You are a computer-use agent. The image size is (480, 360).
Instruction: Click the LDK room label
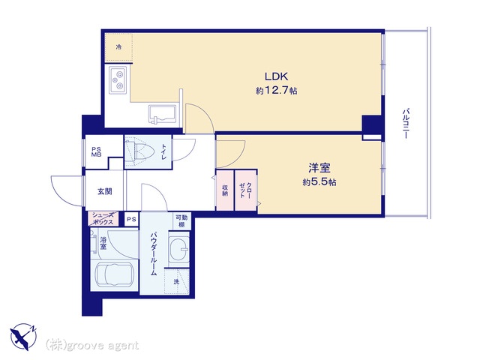[277, 76]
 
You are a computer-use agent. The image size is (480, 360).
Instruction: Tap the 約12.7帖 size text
[277, 91]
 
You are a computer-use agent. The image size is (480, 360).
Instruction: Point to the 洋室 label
[319, 168]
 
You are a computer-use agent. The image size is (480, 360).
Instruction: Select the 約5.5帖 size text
[319, 182]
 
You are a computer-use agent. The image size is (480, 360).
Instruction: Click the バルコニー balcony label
[406, 123]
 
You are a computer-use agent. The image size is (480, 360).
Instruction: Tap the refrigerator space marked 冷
[118, 47]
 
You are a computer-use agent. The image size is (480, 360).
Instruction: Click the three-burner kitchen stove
[118, 80]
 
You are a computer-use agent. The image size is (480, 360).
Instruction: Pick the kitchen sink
[162, 114]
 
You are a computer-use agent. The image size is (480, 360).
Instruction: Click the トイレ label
[163, 151]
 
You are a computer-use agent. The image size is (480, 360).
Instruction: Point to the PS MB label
[97, 151]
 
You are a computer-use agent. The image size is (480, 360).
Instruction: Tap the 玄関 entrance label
[105, 192]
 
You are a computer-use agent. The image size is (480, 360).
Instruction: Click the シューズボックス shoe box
[103, 218]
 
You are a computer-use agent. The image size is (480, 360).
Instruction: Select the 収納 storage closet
[225, 190]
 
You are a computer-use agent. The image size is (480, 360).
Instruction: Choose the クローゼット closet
[246, 190]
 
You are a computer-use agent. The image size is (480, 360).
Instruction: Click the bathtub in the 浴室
[114, 274]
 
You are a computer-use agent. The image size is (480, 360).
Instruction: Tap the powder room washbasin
[178, 248]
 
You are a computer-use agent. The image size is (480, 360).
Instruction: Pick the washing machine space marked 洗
[177, 282]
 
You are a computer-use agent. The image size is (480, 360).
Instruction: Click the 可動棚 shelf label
[181, 221]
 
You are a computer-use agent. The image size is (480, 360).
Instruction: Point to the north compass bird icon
[23, 336]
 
